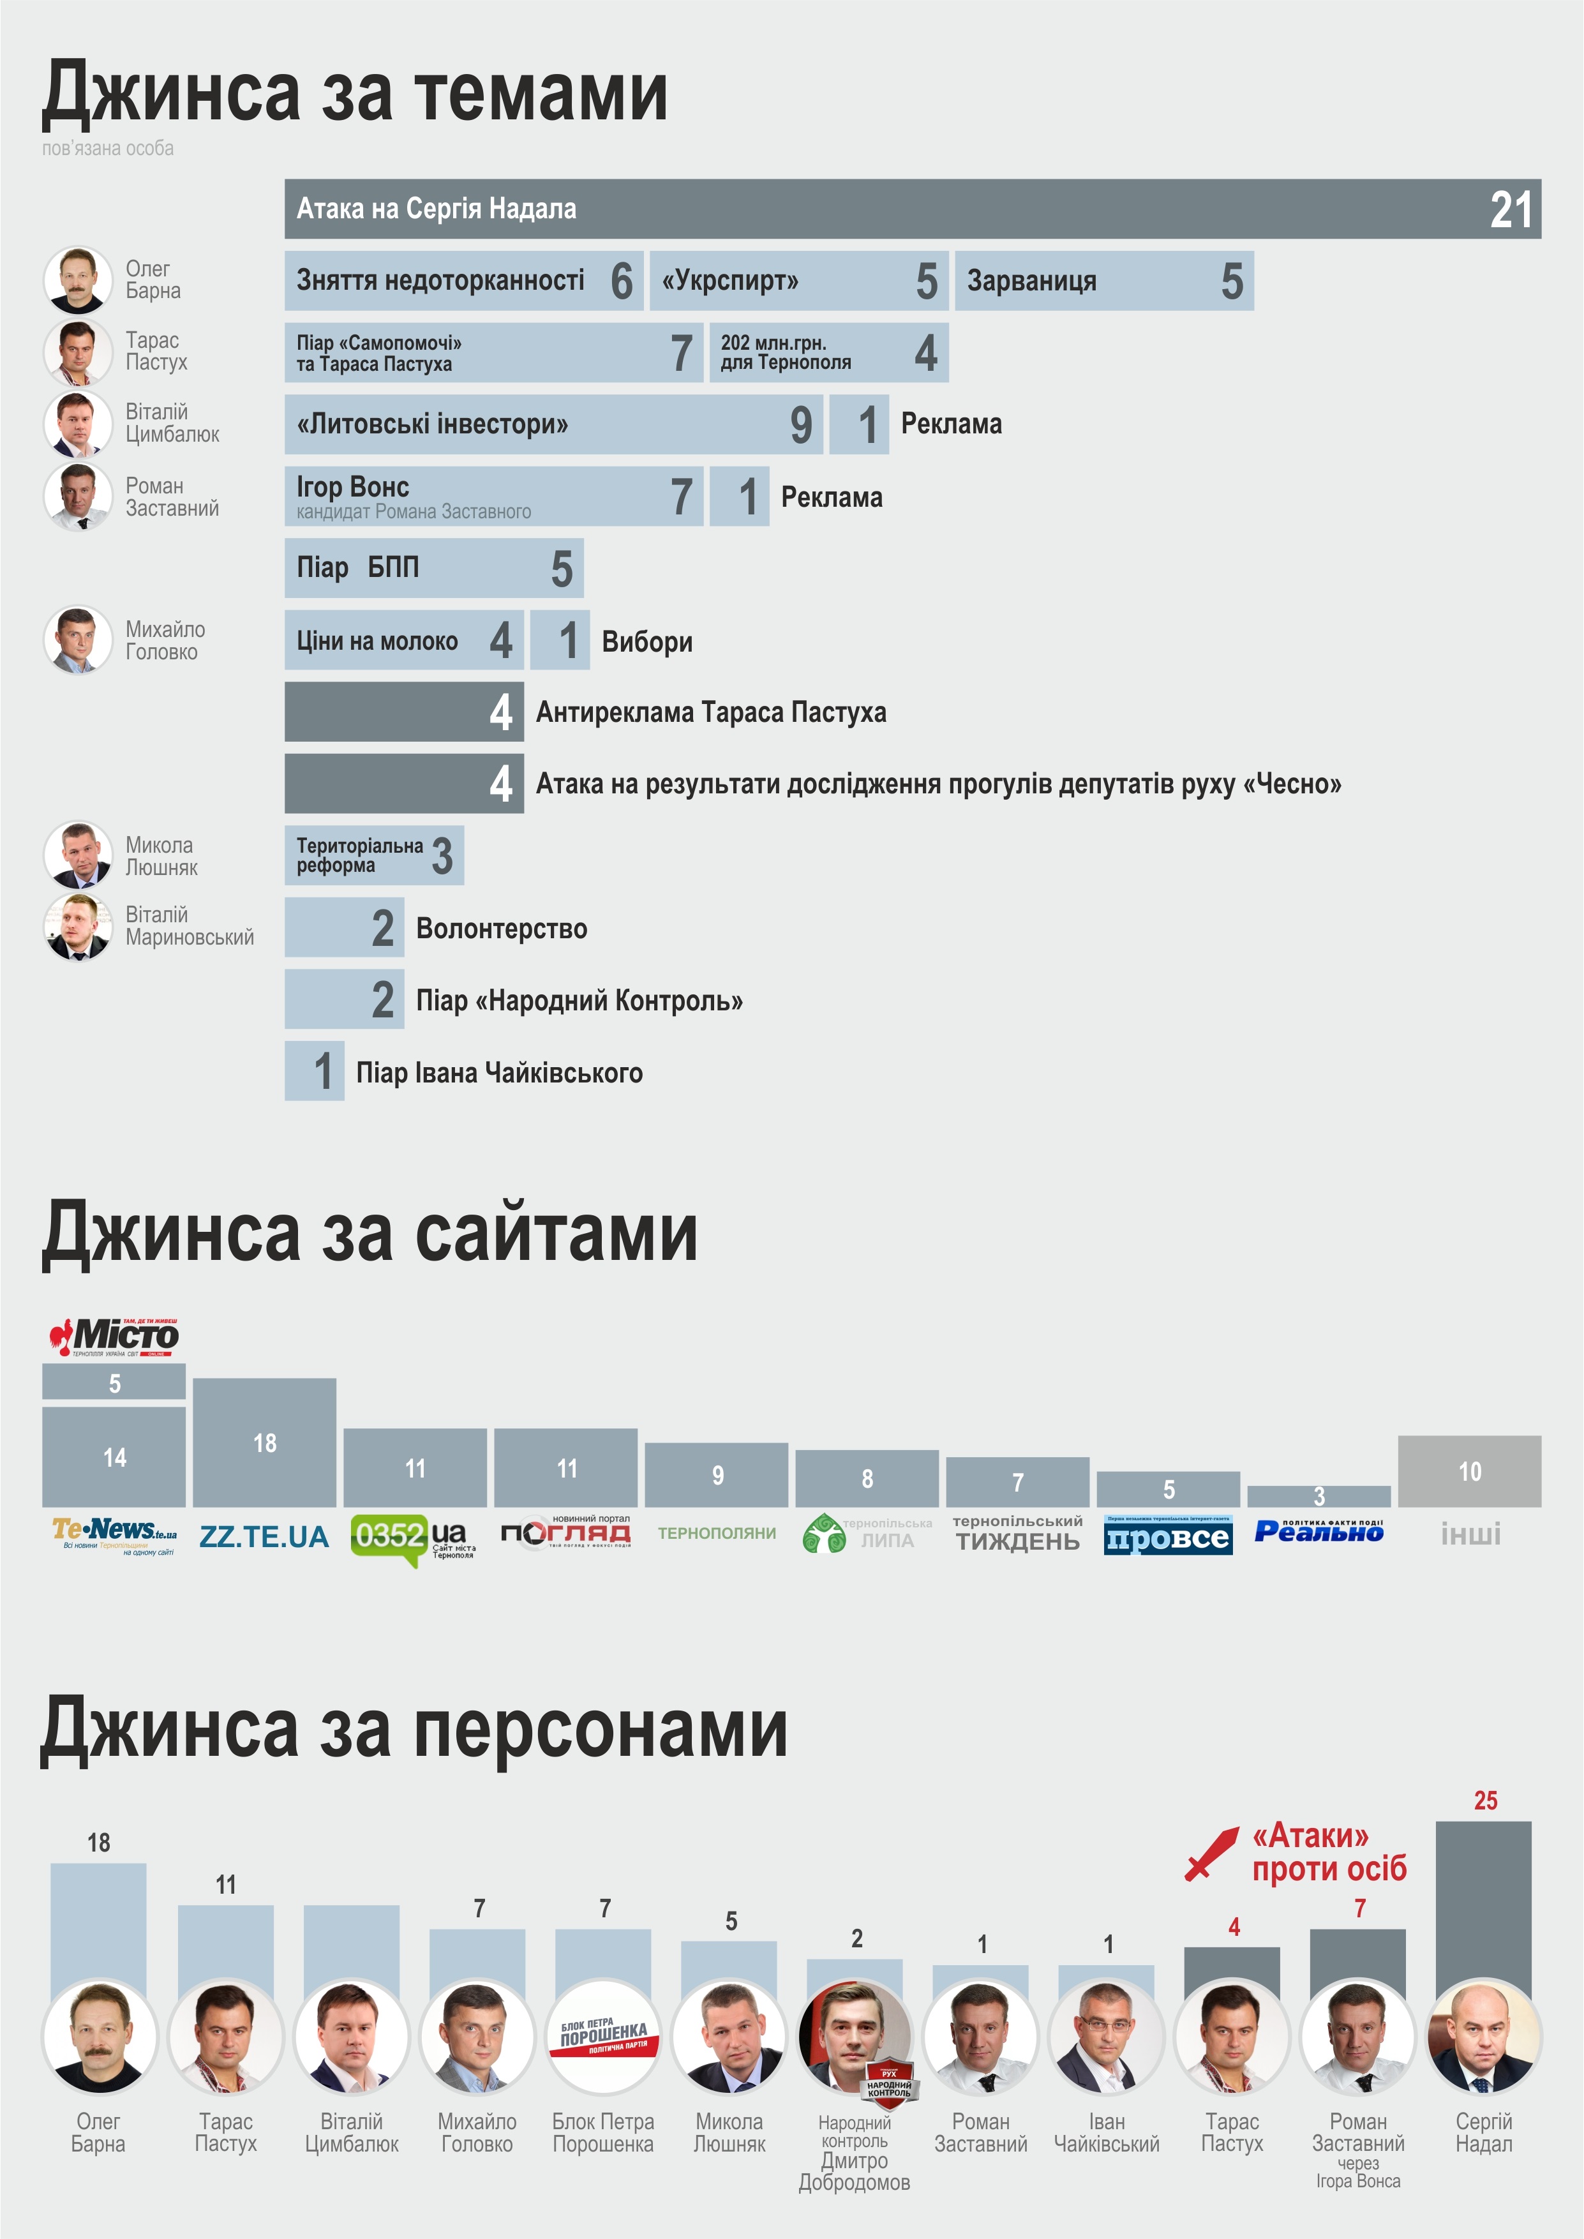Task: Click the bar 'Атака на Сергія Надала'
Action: tap(912, 209)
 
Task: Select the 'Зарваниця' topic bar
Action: tap(1103, 281)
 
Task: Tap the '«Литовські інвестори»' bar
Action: tap(553, 424)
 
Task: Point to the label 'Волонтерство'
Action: tap(502, 929)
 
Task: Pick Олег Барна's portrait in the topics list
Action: tap(78, 280)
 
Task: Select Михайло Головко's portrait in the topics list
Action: tap(78, 641)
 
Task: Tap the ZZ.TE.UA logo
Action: tap(264, 1537)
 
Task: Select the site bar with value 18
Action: tap(264, 1442)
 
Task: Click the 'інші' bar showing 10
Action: tap(1469, 1471)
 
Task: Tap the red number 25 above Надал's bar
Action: tap(1484, 1800)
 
